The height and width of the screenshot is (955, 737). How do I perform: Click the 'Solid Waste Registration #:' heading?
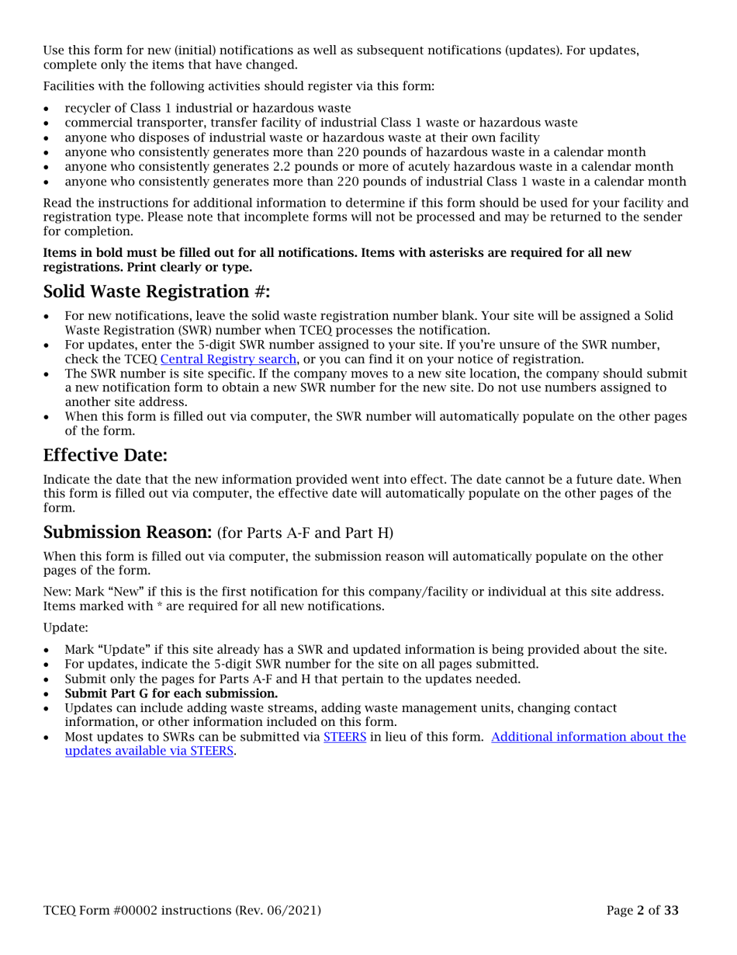(x=158, y=293)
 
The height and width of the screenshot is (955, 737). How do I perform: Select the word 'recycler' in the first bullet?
(x=88, y=108)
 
